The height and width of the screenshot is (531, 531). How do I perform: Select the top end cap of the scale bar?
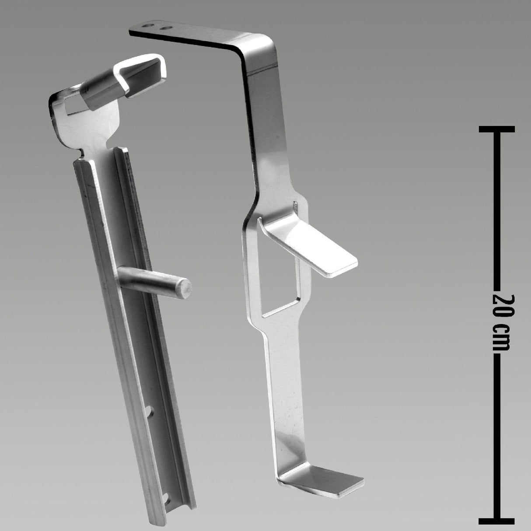(x=496, y=129)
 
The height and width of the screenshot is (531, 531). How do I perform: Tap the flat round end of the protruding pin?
(x=184, y=288)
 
